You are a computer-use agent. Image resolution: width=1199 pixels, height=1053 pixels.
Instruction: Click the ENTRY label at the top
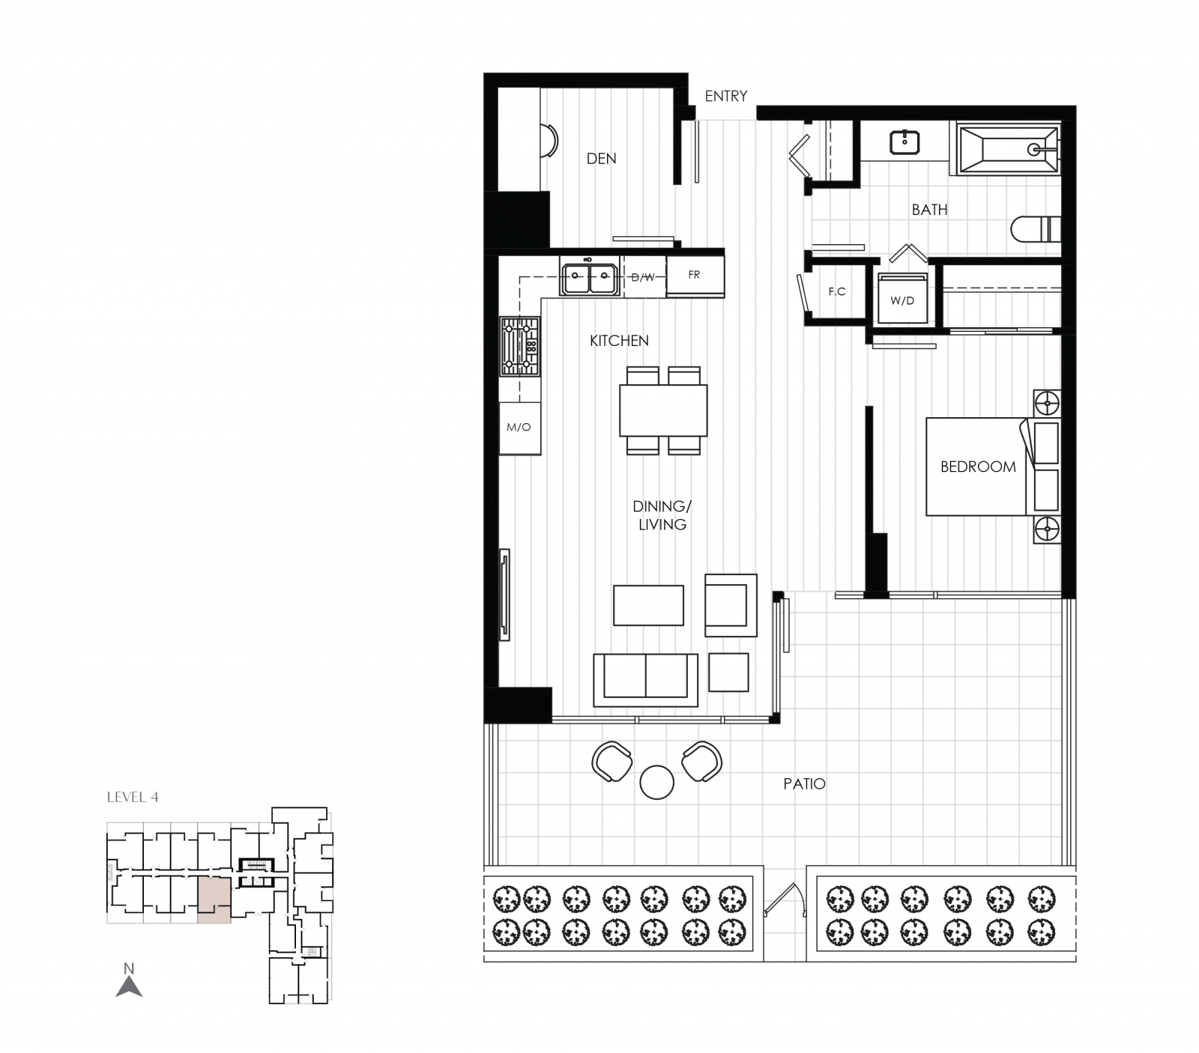click(x=725, y=96)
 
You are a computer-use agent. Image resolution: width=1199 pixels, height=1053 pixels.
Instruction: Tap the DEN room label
click(x=601, y=158)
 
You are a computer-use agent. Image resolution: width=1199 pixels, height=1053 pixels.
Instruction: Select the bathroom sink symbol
click(x=905, y=142)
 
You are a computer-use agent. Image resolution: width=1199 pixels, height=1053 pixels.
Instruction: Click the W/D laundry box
click(x=902, y=300)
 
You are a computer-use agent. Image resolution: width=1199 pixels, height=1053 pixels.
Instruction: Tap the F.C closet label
click(x=836, y=291)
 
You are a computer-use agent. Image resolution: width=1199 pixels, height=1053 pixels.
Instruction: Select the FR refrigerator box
click(x=695, y=276)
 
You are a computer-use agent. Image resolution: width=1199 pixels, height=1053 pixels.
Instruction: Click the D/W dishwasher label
click(x=643, y=277)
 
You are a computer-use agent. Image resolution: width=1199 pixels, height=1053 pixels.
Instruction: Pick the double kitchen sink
click(x=589, y=279)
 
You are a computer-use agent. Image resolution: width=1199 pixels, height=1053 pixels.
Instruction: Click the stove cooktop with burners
click(x=520, y=347)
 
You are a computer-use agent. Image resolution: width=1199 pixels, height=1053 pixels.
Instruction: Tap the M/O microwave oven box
click(x=519, y=428)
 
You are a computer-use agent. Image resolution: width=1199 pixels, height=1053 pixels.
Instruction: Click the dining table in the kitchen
click(x=663, y=410)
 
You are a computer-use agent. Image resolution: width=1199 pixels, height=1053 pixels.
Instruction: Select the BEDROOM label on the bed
click(x=978, y=467)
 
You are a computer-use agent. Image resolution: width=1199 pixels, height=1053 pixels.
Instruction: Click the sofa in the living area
click(x=645, y=679)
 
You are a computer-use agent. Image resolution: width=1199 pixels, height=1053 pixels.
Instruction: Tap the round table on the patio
click(x=656, y=782)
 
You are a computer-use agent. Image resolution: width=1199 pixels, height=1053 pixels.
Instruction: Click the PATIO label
click(x=804, y=783)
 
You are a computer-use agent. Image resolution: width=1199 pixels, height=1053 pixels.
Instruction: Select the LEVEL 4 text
click(x=133, y=797)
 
